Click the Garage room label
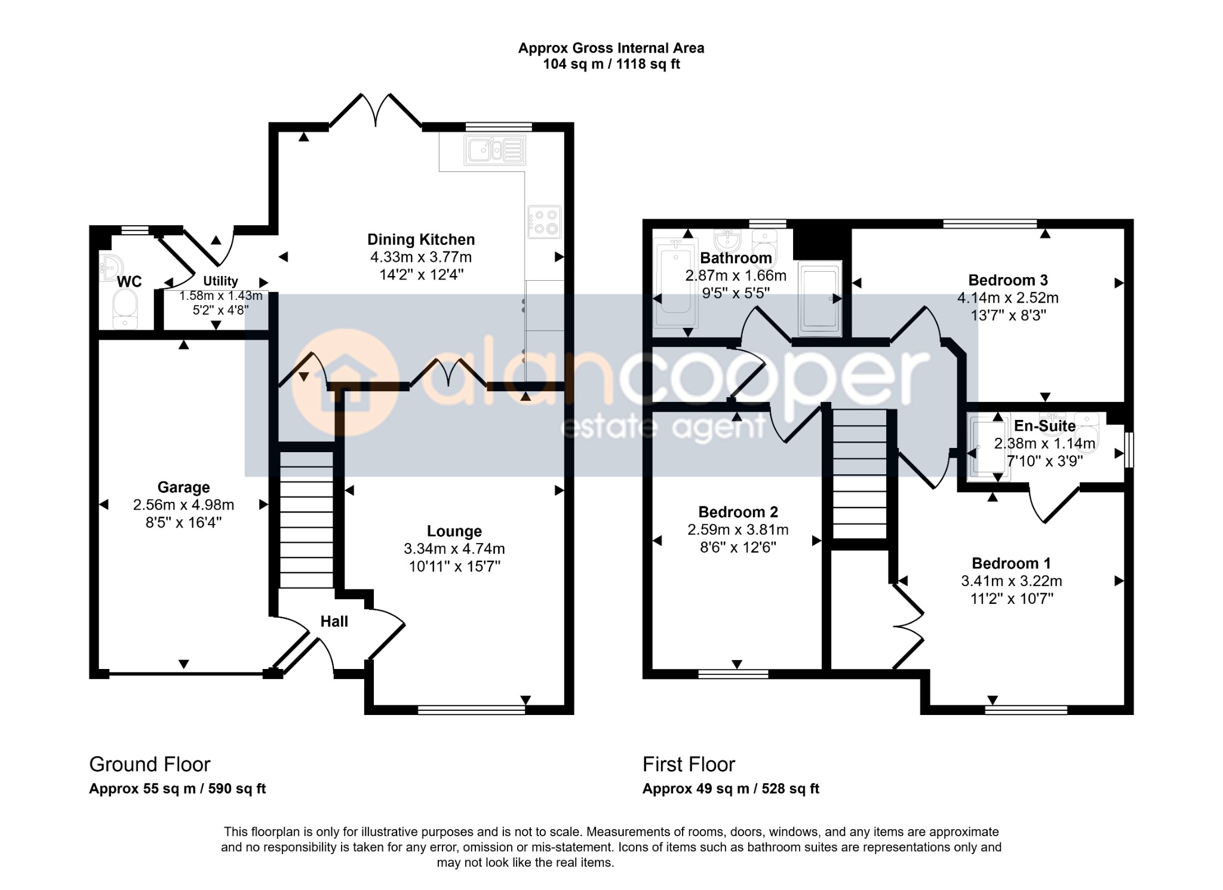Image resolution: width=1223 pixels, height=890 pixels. (x=183, y=487)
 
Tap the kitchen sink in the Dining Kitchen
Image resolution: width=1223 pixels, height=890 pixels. (x=495, y=149)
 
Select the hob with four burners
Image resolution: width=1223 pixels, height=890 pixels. (x=544, y=222)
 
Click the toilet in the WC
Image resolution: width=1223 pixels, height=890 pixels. (x=125, y=310)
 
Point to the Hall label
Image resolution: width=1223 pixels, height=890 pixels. (x=334, y=622)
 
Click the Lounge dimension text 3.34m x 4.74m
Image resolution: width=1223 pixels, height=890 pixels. (x=454, y=549)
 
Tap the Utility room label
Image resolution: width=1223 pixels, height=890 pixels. (x=220, y=281)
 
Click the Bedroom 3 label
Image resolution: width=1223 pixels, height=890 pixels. (x=1008, y=280)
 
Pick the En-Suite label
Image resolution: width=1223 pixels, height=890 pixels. (x=1044, y=426)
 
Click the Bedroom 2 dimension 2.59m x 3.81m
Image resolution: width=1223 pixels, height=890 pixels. (x=738, y=530)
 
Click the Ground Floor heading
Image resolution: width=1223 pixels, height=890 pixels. (x=150, y=765)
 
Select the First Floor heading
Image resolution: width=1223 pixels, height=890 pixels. (x=689, y=765)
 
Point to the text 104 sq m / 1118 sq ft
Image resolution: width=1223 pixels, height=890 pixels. (x=611, y=64)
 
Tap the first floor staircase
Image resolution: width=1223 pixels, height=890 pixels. (x=860, y=474)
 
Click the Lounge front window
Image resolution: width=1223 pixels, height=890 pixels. (x=472, y=710)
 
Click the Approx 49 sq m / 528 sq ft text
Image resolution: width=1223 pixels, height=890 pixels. (x=731, y=789)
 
